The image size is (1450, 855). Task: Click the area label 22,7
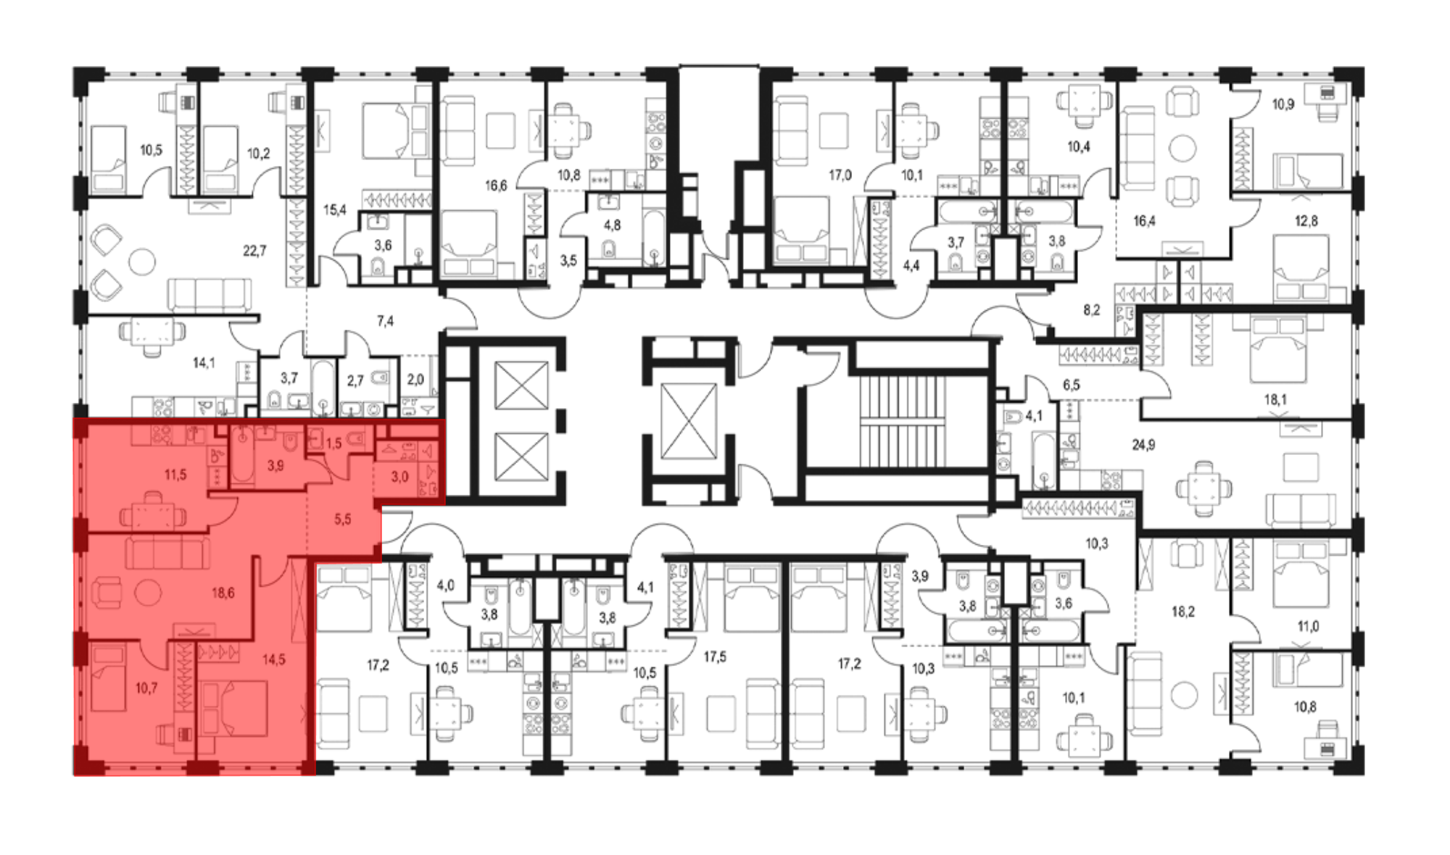click(254, 251)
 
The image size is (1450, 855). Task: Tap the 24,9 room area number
click(1143, 445)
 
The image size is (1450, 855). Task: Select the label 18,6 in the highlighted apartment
click(223, 593)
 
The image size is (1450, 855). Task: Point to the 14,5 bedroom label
click(273, 659)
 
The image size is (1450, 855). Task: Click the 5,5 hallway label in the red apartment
click(342, 520)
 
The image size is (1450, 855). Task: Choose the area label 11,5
click(175, 475)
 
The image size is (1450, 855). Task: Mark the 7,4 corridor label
click(385, 321)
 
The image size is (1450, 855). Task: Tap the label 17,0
click(840, 175)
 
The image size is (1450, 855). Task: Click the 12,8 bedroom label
click(1306, 221)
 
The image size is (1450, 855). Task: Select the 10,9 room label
click(1283, 104)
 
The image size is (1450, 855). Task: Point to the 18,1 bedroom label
click(1275, 399)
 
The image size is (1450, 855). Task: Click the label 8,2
click(1092, 310)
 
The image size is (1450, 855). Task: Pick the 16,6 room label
click(496, 186)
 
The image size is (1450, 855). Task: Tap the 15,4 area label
click(334, 210)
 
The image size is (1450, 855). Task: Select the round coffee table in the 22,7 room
click(143, 262)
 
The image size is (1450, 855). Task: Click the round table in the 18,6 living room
click(149, 593)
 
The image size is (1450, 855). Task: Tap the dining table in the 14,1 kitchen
click(152, 332)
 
